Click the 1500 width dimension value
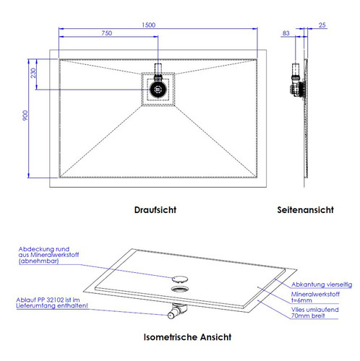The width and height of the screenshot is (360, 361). click(148, 25)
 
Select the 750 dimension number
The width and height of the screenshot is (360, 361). click(106, 33)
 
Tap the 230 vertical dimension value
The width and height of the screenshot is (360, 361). click(33, 73)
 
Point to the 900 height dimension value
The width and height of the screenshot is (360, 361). click(25, 116)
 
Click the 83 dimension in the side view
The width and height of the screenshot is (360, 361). click(286, 33)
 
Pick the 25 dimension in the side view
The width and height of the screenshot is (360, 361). click(322, 25)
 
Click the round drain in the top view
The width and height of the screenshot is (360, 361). click(158, 90)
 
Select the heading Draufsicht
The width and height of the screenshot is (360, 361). click(155, 210)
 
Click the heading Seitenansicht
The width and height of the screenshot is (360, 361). click(305, 210)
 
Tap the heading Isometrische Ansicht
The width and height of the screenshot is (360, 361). click(187, 337)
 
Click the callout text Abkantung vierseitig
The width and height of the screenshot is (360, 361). click(322, 284)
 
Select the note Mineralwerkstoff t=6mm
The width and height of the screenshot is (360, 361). click(315, 297)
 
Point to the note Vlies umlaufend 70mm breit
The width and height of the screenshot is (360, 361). click(314, 313)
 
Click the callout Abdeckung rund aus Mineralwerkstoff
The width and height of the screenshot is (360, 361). click(48, 255)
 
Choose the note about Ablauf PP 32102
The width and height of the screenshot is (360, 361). click(52, 303)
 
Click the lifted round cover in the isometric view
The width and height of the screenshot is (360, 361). click(180, 279)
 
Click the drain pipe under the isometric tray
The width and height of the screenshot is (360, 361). click(177, 311)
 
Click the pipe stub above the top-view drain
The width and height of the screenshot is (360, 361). click(158, 69)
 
